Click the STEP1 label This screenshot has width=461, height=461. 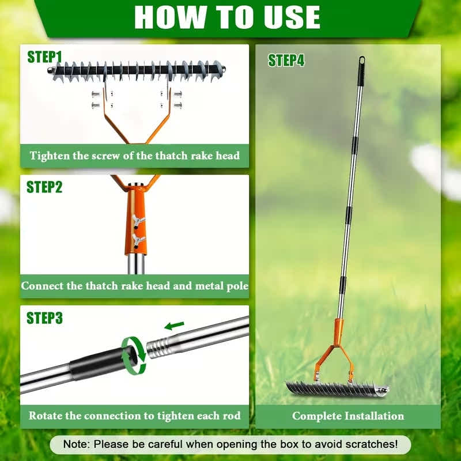point(44,57)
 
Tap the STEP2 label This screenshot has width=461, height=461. point(44,187)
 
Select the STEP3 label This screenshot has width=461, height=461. point(44,318)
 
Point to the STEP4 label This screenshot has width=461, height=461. point(286,61)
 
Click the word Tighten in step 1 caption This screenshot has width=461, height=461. point(50,156)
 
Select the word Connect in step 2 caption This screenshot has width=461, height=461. point(42,285)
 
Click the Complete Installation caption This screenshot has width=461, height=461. point(348,416)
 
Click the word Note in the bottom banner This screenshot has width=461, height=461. point(78,444)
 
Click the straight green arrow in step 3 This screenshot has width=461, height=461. point(175,326)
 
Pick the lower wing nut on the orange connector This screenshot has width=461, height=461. point(138,239)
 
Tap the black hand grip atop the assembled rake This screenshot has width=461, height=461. point(361,72)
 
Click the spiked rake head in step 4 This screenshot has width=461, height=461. point(334,388)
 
